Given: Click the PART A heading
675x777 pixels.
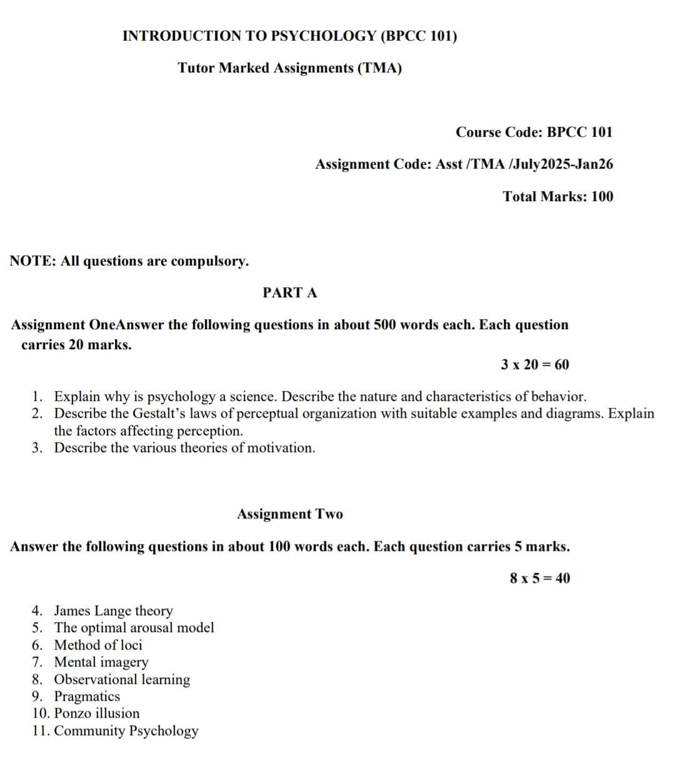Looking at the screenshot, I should (x=290, y=292).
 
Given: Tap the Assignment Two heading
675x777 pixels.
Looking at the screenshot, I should (x=290, y=514).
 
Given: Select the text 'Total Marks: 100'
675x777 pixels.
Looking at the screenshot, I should (x=558, y=196).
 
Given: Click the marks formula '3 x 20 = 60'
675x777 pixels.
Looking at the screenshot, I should (x=535, y=364).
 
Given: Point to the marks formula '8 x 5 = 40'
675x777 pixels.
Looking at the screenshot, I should (x=540, y=578).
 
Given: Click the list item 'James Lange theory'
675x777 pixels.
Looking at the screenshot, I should (x=113, y=610).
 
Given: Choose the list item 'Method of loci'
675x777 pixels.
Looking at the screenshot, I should (x=98, y=645).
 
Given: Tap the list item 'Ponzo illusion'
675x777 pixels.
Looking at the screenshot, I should (x=97, y=713).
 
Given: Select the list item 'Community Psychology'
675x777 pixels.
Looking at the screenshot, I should (x=126, y=730).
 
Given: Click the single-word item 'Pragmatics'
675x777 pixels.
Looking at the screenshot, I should (x=87, y=696).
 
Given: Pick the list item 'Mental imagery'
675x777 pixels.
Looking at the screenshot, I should (x=101, y=661).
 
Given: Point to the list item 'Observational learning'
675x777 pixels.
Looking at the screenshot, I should (x=122, y=679).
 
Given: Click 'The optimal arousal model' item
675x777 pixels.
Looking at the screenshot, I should (x=134, y=627).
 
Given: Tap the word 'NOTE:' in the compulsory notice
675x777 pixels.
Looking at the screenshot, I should (x=33, y=261).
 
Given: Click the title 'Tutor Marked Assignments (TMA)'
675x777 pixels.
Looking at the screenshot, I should (x=290, y=67).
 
